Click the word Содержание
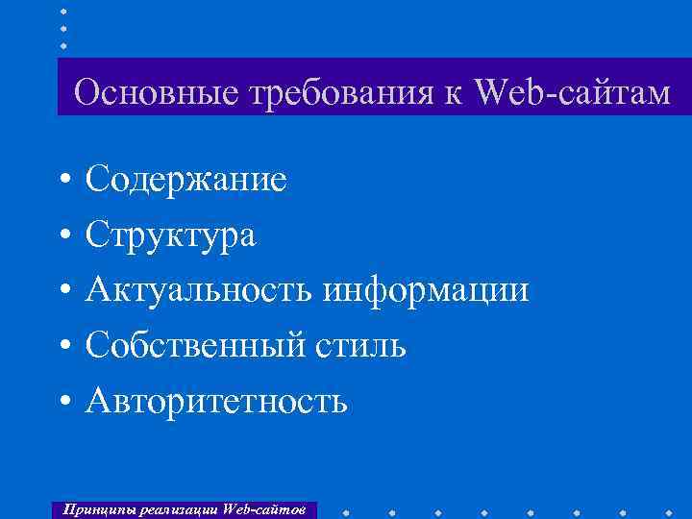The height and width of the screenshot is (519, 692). pyautogui.click(x=185, y=179)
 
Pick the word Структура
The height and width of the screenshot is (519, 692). pyautogui.click(x=170, y=235)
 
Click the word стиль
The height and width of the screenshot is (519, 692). pyautogui.click(x=358, y=345)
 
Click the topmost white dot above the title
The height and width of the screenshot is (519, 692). pyautogui.click(x=63, y=11)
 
